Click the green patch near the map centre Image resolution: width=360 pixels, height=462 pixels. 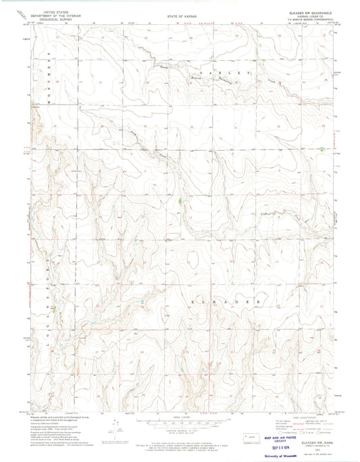178,200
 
